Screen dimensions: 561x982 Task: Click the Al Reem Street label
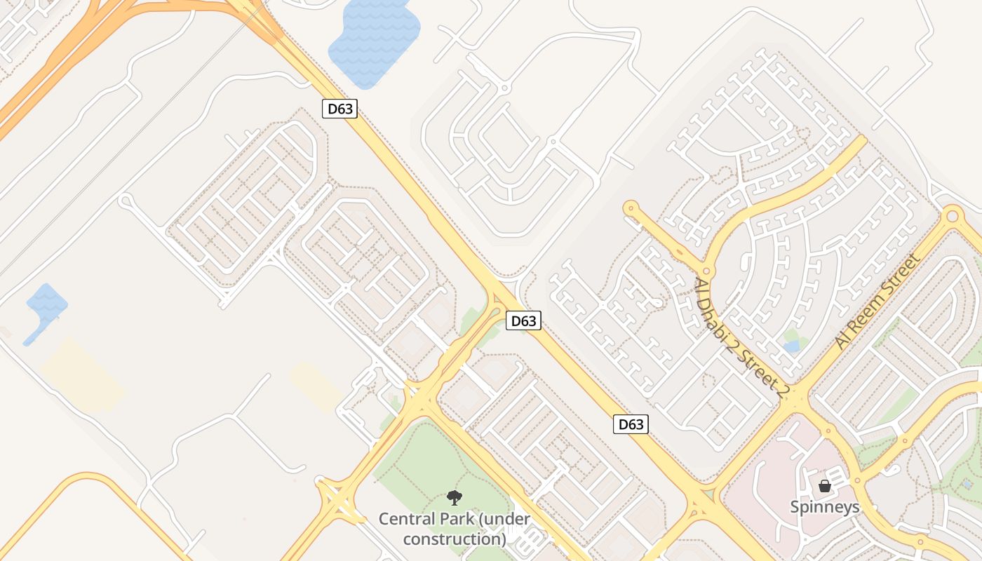[x=877, y=302]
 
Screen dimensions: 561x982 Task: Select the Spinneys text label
[x=824, y=506]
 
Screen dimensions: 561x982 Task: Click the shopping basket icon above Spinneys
[x=824, y=485]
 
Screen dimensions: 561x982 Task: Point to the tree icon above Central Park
[x=455, y=498]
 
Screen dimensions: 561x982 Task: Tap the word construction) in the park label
[x=455, y=539]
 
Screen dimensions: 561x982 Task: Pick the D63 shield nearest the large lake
[x=340, y=109]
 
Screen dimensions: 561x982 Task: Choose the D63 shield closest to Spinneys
[x=631, y=424]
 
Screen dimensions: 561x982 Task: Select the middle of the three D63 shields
[x=523, y=321]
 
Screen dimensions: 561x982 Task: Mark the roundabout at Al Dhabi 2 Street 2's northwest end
[x=631, y=208]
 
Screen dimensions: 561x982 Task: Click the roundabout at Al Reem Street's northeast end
[x=952, y=216]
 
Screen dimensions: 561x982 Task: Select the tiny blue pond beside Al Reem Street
[x=791, y=346]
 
